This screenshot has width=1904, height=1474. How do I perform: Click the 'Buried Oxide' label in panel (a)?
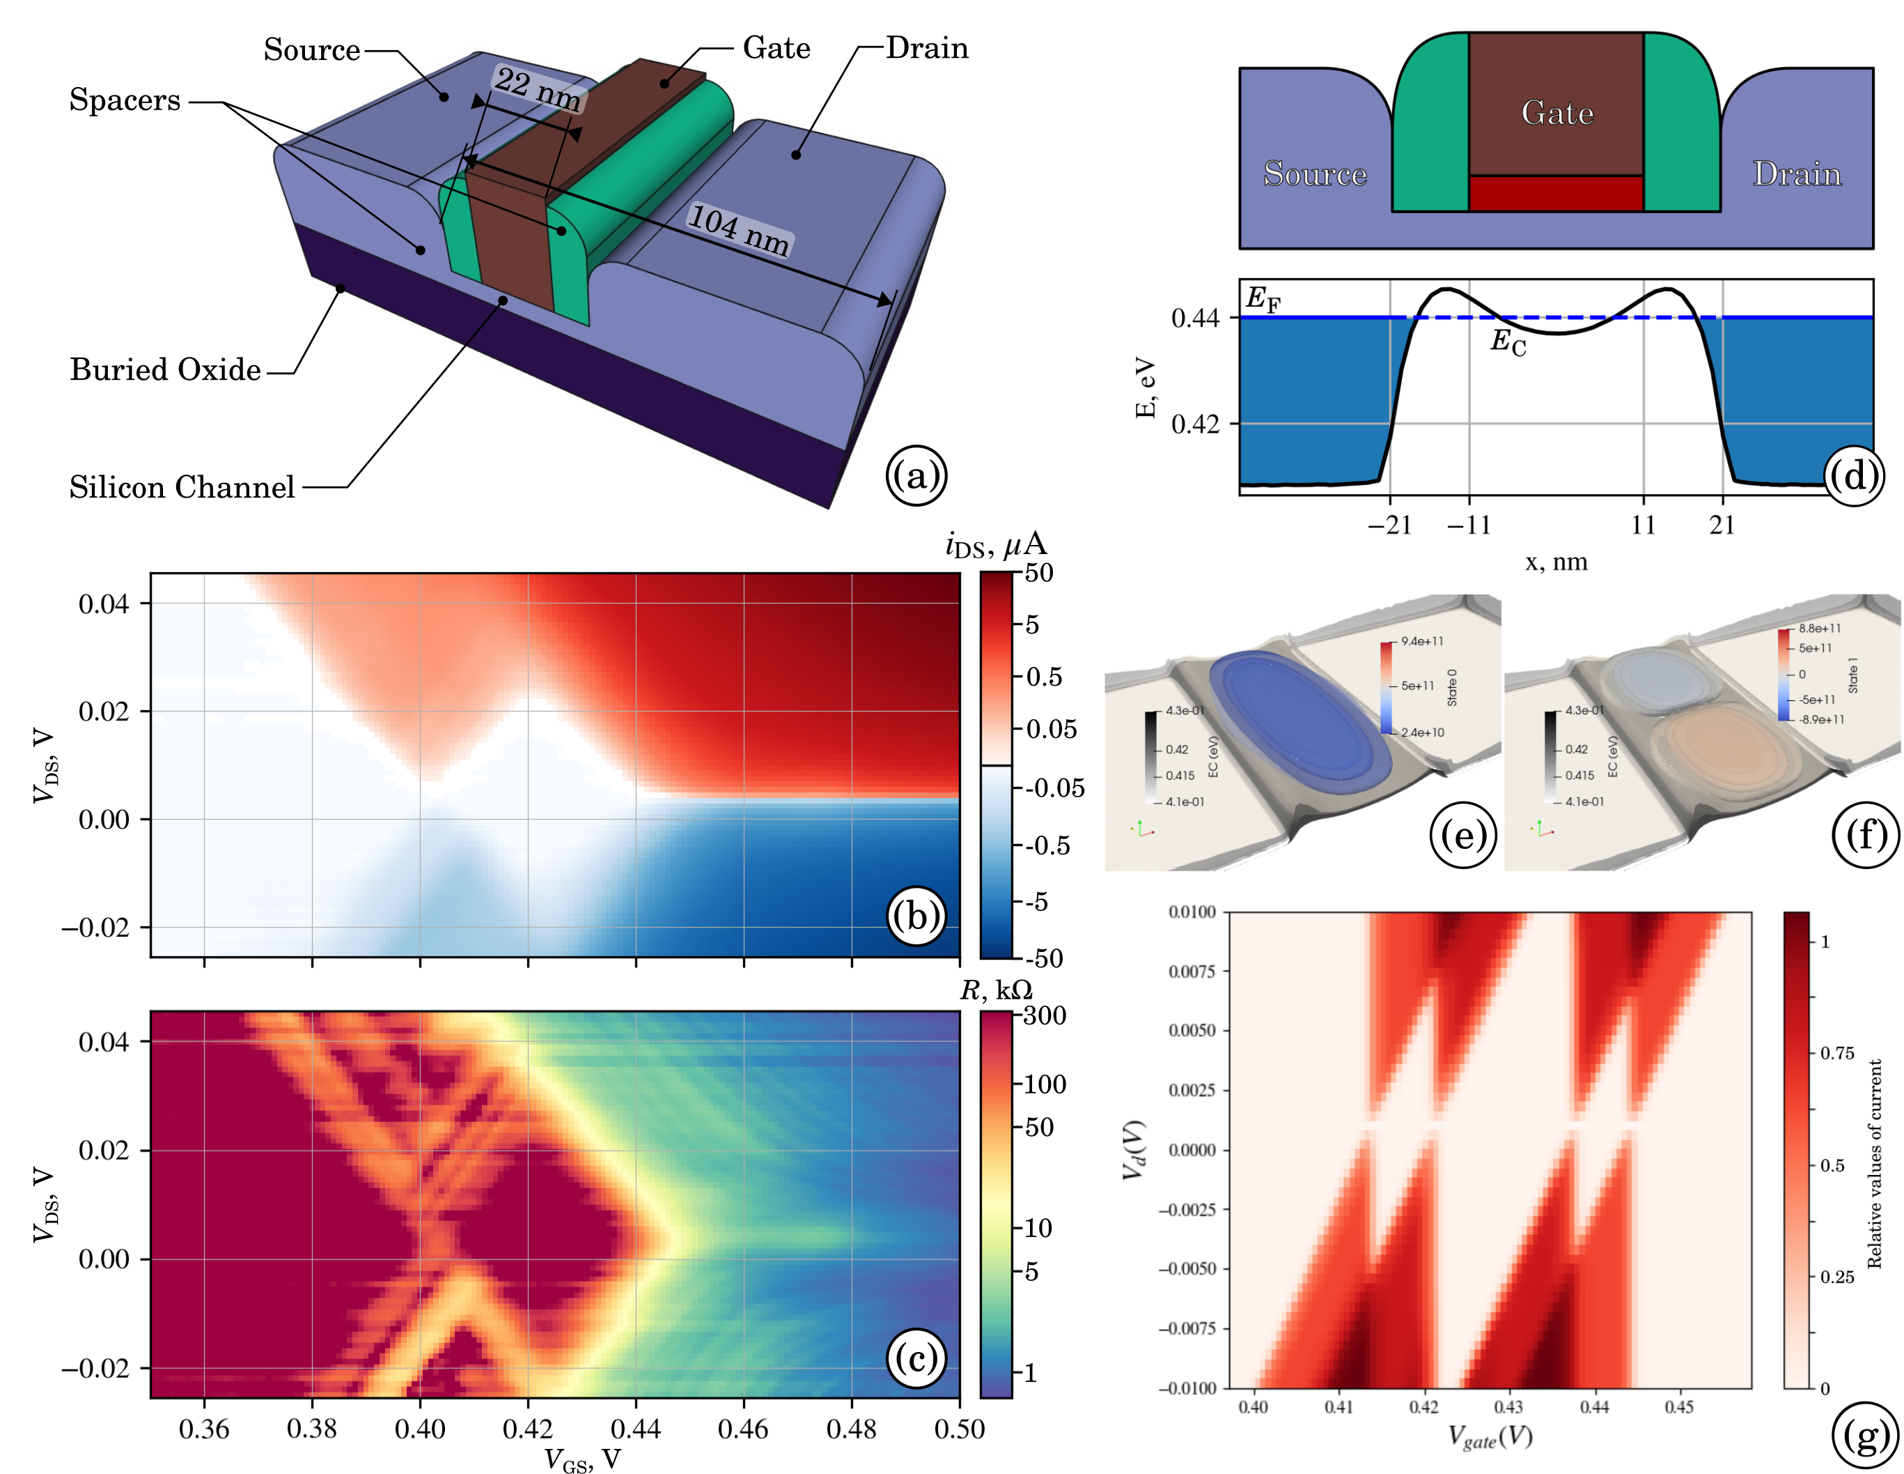pyautogui.click(x=165, y=370)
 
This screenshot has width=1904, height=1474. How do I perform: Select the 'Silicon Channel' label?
pyautogui.click(x=181, y=486)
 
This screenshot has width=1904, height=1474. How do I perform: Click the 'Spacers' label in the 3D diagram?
pyautogui.click(x=125, y=100)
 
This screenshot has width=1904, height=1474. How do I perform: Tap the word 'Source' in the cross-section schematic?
pyautogui.click(x=1315, y=174)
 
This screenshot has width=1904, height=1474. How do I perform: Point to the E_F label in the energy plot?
pyautogui.click(x=1263, y=299)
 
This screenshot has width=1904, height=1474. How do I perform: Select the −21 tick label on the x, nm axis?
pyautogui.click(x=1389, y=525)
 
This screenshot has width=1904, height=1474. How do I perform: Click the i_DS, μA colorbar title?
pyautogui.click(x=996, y=545)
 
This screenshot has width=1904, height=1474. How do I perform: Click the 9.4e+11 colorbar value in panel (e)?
pyautogui.click(x=1422, y=641)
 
